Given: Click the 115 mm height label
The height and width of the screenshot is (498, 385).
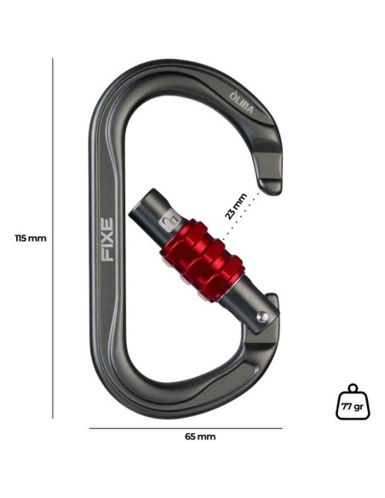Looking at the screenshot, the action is [x=31, y=238].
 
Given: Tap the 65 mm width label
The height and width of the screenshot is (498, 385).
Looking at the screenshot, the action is [x=200, y=437].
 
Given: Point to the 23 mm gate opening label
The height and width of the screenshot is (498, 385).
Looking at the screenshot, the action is [x=235, y=206].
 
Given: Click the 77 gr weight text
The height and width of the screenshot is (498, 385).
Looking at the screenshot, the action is [x=353, y=407].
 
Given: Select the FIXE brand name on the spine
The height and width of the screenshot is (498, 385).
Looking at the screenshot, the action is [x=106, y=240].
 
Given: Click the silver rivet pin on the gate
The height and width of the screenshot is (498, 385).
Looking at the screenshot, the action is [x=262, y=316].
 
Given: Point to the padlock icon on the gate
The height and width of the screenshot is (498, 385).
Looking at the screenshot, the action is [x=168, y=223].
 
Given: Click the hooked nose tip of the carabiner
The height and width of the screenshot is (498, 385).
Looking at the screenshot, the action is [x=270, y=187].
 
